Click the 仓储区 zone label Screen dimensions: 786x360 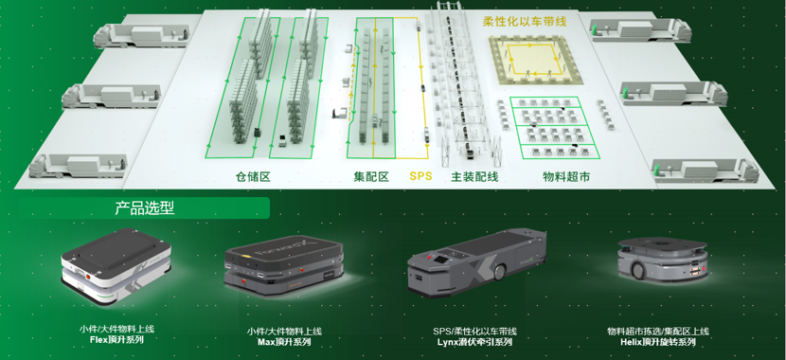point(253,176)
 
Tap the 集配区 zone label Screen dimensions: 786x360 point(371,176)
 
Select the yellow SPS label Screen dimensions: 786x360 point(420,176)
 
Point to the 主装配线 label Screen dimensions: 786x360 point(474,176)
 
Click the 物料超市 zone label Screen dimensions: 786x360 point(566,176)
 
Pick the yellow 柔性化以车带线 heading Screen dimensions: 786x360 point(524,22)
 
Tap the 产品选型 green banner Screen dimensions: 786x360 point(144,207)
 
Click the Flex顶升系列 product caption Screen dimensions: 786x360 point(116,340)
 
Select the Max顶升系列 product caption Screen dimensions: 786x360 point(284,342)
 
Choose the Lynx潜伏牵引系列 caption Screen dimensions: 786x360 point(474,342)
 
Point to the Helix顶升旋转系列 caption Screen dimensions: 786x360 point(657,342)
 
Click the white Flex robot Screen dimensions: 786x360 point(116,264)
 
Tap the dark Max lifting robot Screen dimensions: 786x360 point(284,267)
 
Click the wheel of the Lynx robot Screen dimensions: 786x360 point(500,272)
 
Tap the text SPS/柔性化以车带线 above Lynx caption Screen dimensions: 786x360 point(474,332)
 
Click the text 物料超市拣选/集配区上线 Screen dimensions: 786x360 point(657,332)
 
